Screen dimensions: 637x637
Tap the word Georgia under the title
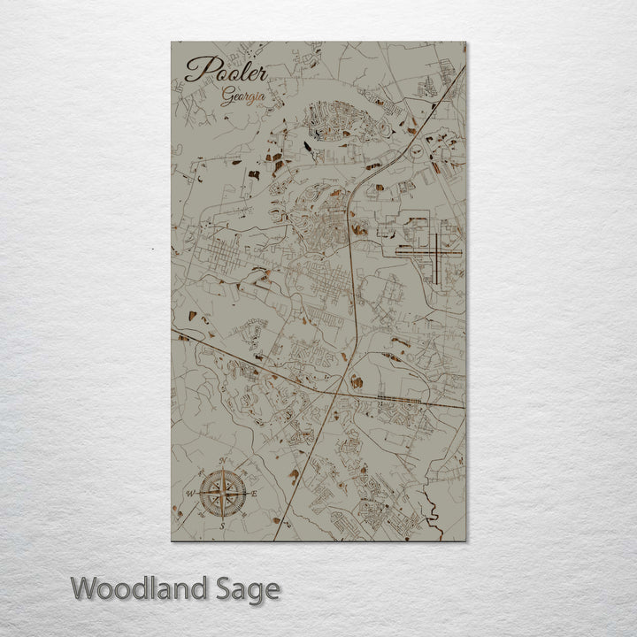(x=242, y=97)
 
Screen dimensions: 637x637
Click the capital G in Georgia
(x=226, y=96)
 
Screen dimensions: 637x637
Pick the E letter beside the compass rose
(x=254, y=493)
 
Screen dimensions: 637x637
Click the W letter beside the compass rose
(x=189, y=493)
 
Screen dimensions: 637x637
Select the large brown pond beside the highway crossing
(x=356, y=381)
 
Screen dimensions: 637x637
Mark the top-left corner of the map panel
(x=171, y=42)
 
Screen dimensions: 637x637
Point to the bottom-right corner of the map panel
(x=466, y=541)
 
